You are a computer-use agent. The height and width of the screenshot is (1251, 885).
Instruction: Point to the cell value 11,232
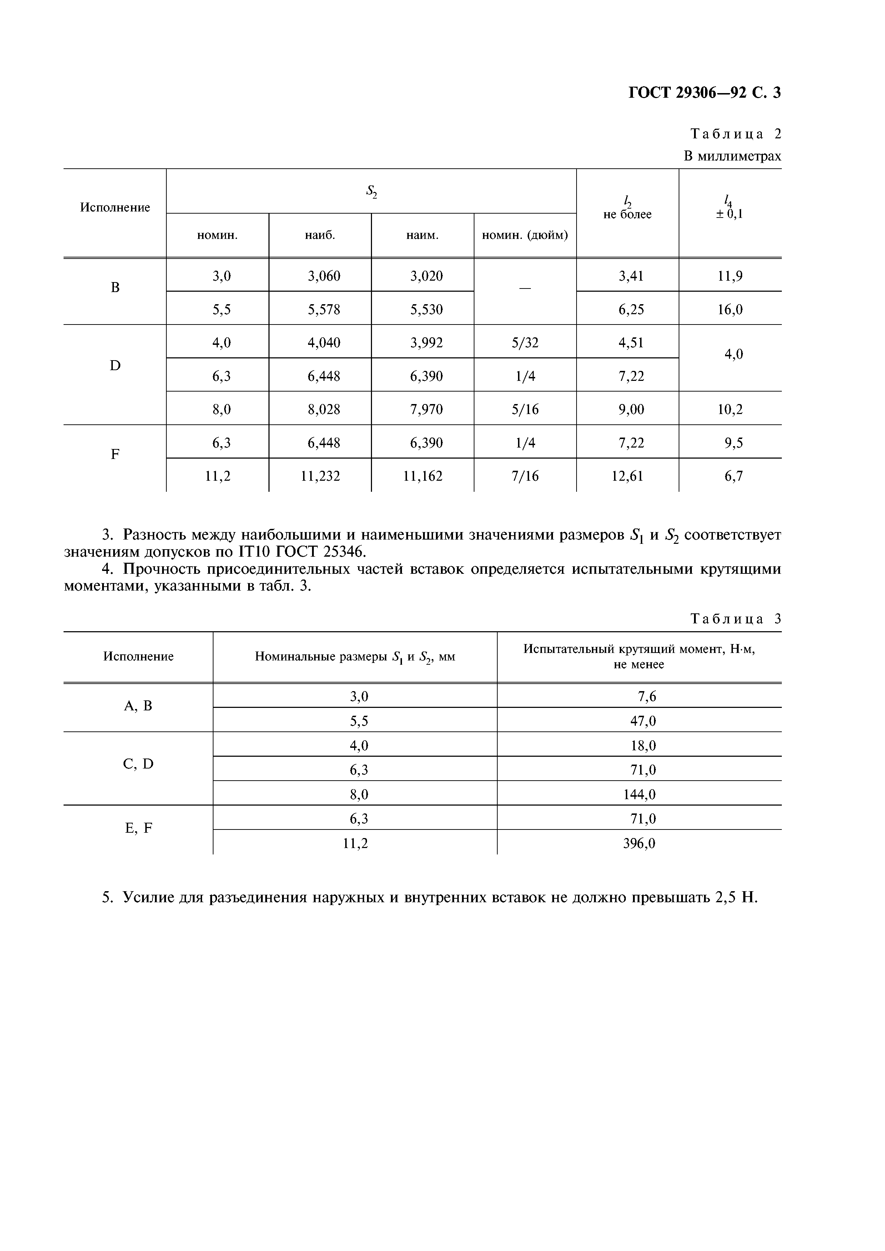tap(320, 476)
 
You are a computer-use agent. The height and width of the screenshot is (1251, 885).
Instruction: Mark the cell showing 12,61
tap(627, 476)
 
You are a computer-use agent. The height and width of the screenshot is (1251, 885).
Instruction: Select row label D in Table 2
tap(115, 366)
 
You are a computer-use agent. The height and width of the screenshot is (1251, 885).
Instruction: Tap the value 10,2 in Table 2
tap(730, 409)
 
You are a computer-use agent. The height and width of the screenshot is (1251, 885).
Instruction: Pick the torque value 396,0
tap(639, 843)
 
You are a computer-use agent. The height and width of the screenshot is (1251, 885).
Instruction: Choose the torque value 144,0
tap(639, 795)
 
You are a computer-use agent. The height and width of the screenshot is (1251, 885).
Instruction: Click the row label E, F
tap(139, 828)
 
